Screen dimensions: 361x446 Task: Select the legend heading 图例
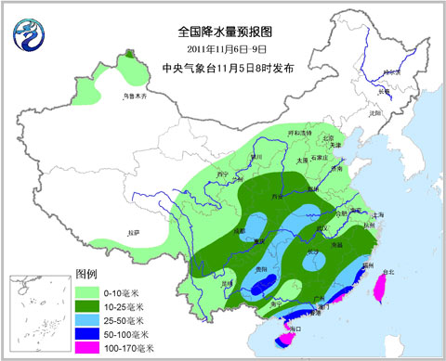coord(86,275)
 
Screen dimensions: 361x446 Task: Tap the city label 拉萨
coord(134,231)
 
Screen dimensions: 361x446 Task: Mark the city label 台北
coord(388,273)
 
